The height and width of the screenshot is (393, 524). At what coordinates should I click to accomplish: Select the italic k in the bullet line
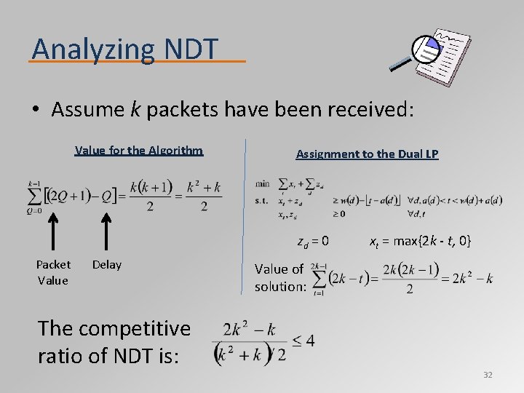point(135,110)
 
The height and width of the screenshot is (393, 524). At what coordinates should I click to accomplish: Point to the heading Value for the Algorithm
point(139,151)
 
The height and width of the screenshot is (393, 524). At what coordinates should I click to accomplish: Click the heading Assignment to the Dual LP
point(367,154)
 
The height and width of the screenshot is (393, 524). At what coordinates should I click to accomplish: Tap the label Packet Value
point(54,272)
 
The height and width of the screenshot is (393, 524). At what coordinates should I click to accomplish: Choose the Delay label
point(107,265)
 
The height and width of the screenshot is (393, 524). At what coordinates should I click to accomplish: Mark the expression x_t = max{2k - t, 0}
point(421,240)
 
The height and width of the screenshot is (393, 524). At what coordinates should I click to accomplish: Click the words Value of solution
point(279,277)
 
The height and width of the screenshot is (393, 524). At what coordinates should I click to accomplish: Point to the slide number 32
point(488,375)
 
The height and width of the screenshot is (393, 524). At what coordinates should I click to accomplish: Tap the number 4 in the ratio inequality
point(309,341)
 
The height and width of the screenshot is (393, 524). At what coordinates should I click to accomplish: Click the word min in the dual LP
point(263,183)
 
